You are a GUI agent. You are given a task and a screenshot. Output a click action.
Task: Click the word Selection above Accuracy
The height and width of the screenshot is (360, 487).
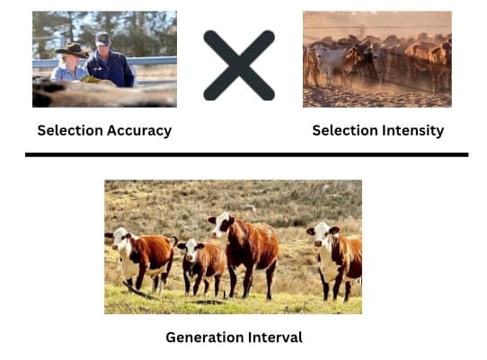click(70, 130)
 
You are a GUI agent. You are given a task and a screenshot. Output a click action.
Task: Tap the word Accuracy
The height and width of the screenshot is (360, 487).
click(139, 131)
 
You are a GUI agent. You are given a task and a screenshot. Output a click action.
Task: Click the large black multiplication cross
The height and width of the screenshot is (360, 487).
click(239, 66)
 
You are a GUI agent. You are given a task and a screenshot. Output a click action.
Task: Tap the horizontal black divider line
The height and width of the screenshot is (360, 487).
click(246, 154)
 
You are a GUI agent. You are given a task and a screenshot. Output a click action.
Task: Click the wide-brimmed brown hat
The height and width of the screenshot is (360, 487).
click(72, 50)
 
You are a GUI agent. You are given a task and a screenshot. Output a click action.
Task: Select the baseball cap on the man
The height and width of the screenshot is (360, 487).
click(102, 39)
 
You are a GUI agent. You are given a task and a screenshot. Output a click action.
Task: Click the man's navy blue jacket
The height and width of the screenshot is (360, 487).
click(111, 69)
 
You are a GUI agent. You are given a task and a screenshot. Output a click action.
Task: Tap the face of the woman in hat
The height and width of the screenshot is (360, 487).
click(72, 62)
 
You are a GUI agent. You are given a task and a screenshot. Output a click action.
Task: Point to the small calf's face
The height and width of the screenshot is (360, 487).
click(190, 250)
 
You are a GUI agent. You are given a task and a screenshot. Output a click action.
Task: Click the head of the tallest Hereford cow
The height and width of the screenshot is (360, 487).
click(221, 224)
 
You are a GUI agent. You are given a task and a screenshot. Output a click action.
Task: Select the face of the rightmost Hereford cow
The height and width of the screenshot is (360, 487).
click(322, 235)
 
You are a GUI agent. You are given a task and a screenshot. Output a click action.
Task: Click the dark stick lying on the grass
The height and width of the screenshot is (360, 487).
click(140, 291)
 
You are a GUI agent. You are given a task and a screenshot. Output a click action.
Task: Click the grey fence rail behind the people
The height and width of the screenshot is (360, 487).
click(152, 60)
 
